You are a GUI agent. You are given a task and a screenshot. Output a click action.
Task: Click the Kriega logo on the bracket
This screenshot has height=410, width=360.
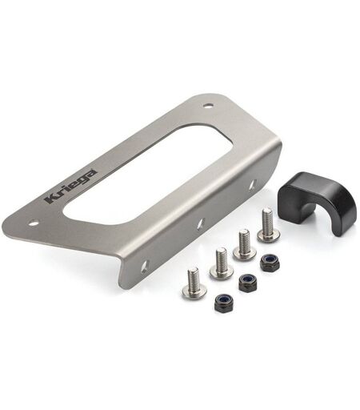70,187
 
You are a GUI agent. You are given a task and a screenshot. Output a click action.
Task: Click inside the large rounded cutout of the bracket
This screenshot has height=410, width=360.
146,174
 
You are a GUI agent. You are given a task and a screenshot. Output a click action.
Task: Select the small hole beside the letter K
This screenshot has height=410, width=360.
33,223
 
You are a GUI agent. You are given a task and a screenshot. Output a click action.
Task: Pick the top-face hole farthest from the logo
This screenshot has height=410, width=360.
208,105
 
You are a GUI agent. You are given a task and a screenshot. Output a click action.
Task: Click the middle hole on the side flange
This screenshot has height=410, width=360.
201,223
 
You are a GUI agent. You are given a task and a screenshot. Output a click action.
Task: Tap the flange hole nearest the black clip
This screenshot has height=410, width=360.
254,184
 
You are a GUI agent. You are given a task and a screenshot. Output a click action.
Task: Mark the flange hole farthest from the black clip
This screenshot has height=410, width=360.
144,267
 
